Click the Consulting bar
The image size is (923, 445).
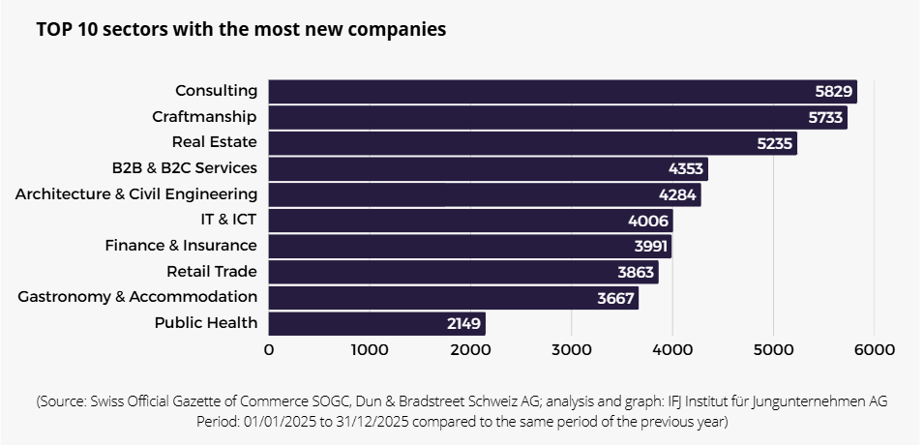561,92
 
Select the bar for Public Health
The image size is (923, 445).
376,323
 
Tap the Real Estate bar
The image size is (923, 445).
532,143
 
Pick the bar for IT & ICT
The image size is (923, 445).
469,221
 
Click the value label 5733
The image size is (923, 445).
825,118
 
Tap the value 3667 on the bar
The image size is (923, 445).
615,298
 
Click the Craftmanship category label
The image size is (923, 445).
204,117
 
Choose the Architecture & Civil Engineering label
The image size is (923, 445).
136,194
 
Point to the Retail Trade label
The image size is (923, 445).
211,272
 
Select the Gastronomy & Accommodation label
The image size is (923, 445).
137,297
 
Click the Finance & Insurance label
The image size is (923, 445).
181,246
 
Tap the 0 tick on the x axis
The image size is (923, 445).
269,350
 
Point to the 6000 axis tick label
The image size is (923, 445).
874,350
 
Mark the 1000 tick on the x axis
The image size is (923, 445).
370,350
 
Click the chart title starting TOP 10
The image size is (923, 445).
241,30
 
